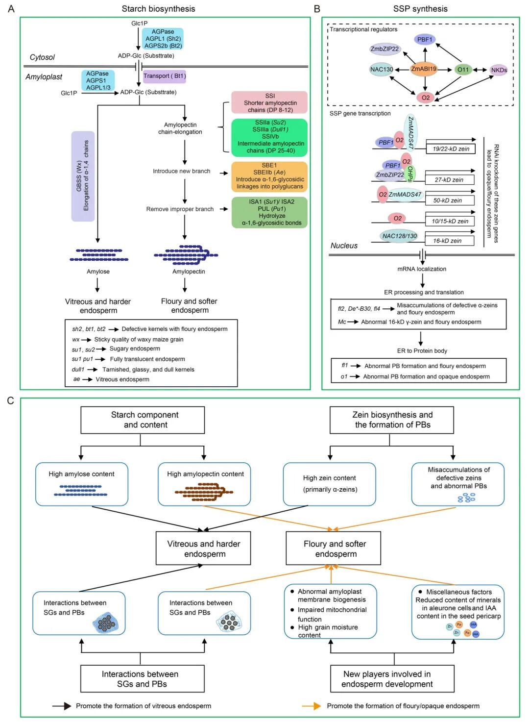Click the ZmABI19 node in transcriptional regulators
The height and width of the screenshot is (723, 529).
point(424,69)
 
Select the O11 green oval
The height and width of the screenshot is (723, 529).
point(463,70)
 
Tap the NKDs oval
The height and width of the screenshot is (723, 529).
point(499,70)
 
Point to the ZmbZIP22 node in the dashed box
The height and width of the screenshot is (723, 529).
point(385,49)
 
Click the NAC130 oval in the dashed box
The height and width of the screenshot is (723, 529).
point(382,70)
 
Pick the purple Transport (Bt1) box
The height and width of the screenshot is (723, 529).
point(165,76)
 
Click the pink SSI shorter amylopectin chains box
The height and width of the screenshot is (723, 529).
point(269,103)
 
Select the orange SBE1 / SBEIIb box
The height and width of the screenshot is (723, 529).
point(269,176)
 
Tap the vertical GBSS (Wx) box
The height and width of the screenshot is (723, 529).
point(83,176)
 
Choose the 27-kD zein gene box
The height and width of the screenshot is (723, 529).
point(449,180)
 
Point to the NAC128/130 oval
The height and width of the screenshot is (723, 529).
point(399,236)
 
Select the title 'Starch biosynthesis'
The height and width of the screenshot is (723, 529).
point(158,9)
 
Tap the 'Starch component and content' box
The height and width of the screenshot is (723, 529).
point(143,420)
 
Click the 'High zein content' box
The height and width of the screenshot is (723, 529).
point(329,484)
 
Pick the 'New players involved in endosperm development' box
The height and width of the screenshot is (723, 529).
point(392,679)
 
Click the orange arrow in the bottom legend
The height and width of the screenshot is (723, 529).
point(311,706)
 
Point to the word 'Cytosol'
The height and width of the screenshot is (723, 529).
point(42,57)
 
